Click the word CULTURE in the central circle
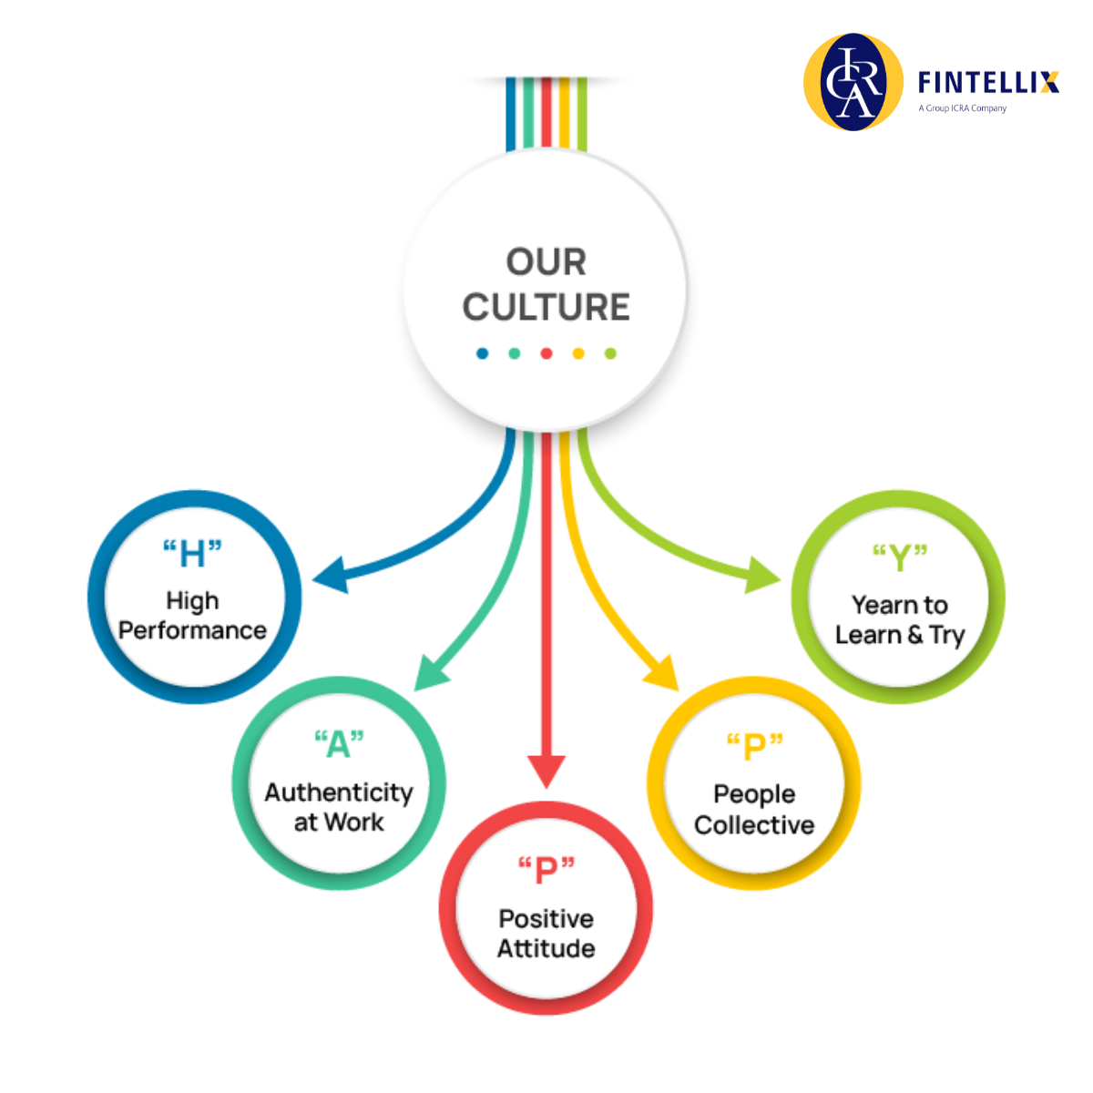point(546,307)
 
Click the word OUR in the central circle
point(546,262)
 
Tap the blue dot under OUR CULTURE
point(482,353)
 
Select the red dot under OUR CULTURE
point(546,353)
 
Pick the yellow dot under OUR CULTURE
point(578,353)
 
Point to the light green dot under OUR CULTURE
point(610,353)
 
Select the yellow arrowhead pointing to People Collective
point(664,675)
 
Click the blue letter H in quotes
point(192,554)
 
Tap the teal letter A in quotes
point(338,744)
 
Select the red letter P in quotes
point(546,870)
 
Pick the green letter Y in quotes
point(899,557)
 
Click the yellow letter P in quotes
point(754,747)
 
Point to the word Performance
point(192,630)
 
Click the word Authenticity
point(339,792)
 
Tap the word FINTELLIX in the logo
point(988,83)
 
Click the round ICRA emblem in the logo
point(853,82)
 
